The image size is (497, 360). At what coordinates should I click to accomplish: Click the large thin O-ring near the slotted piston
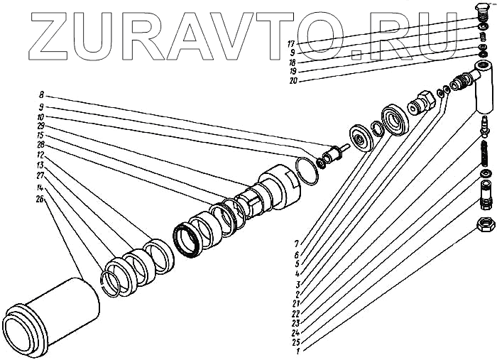tap(306, 172)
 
